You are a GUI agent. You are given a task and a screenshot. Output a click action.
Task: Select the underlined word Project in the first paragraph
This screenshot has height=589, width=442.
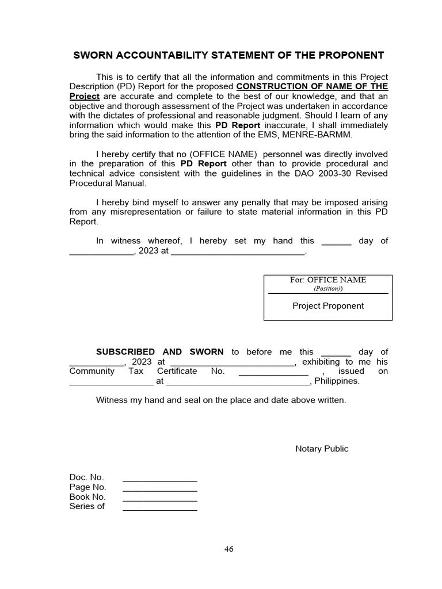click(x=85, y=96)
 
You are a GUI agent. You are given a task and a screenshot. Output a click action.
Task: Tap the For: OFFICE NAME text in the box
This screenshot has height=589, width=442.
click(x=327, y=280)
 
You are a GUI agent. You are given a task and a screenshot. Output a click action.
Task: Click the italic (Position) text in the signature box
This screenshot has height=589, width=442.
click(x=327, y=288)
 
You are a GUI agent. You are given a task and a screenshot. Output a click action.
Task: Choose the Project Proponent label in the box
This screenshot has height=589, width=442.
click(x=327, y=306)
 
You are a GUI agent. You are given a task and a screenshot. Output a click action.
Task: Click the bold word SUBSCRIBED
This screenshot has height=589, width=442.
click(x=125, y=352)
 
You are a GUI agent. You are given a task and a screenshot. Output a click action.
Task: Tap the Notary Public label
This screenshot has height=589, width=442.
click(x=321, y=449)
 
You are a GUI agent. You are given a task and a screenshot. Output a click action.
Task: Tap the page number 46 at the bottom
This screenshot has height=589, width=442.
click(x=229, y=549)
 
